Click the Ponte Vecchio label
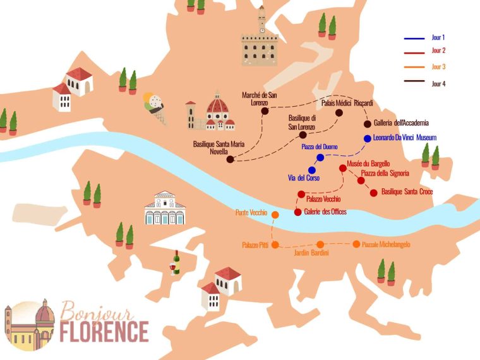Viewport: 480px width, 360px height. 251,213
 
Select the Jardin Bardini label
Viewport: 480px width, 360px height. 311,253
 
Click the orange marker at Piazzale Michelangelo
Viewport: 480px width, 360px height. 356,244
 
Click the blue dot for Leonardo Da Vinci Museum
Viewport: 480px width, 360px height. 367,138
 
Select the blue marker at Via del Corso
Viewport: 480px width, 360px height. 311,170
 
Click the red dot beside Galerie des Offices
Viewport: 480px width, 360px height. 297,212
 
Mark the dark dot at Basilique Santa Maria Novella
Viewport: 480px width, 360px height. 230,159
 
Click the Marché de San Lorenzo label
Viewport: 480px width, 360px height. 264,99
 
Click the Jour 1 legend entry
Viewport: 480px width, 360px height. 438,38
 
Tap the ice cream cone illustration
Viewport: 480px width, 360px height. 153,105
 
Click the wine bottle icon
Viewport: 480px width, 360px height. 176,262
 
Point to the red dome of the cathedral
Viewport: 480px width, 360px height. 218,104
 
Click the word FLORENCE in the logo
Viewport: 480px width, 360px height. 105,332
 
